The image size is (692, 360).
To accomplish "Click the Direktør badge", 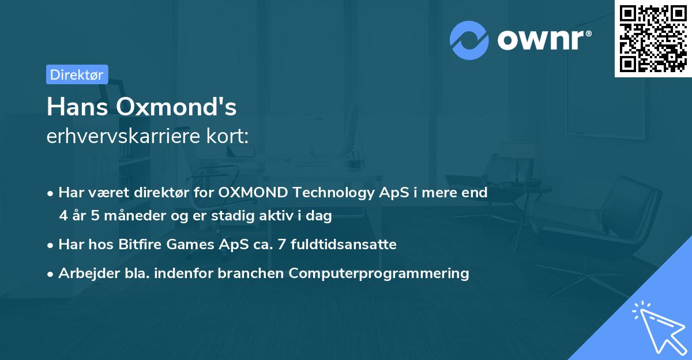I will [x=77, y=74].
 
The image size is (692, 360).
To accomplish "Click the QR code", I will [x=653, y=38].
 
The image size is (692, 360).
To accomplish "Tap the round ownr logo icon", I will [x=469, y=40].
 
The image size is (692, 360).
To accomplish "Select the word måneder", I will [x=120, y=216].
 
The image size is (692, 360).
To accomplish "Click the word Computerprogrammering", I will [x=379, y=273].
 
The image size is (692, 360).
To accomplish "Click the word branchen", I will [x=251, y=273].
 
